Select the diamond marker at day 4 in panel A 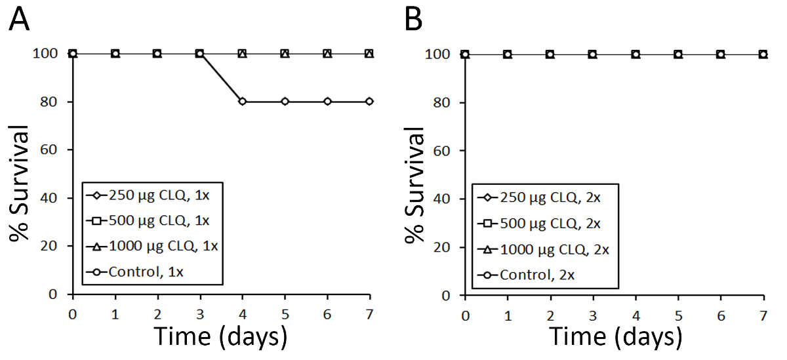tap(242, 102)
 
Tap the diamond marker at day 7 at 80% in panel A tap(369, 102)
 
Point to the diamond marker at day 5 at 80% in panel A tap(285, 102)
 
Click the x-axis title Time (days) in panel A tap(220, 336)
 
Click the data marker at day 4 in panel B tap(636, 54)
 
